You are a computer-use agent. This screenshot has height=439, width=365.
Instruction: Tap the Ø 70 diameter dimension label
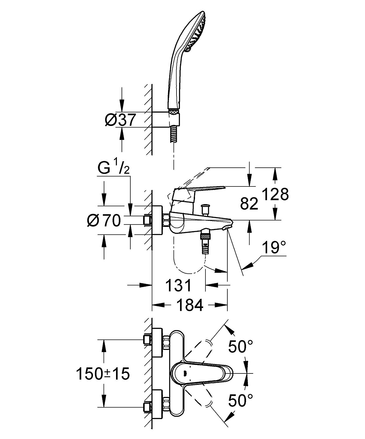pos(104,221)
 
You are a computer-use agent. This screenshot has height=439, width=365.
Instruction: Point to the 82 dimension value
pos(249,203)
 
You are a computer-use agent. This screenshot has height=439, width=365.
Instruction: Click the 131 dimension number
pos(179,285)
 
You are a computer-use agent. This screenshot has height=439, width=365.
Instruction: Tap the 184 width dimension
pos(190,305)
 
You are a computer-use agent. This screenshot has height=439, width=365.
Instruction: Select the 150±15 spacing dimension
pos(103,374)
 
